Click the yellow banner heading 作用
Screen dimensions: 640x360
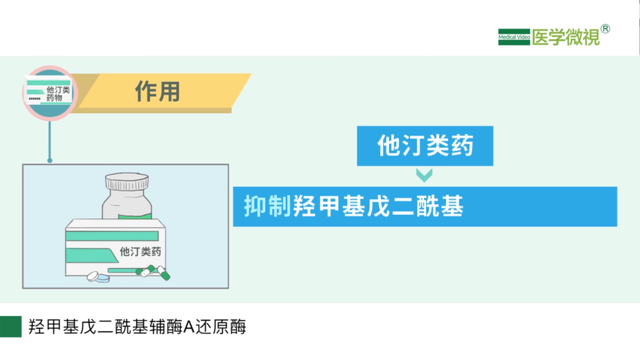[x=160, y=91]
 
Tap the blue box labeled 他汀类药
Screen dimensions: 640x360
[x=425, y=146]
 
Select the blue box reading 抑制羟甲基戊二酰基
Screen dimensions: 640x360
[x=425, y=206]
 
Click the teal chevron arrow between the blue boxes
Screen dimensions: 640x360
[x=424, y=175]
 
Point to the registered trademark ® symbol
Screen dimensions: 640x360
[x=605, y=29]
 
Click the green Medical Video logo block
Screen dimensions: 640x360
[x=514, y=37]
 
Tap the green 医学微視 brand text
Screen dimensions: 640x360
[x=565, y=37]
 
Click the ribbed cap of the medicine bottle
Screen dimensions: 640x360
[x=127, y=181]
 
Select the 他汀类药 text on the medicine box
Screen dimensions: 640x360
[x=140, y=251]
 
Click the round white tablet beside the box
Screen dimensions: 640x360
[x=92, y=276]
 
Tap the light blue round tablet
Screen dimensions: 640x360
[x=102, y=278]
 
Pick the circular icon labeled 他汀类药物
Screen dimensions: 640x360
[x=49, y=93]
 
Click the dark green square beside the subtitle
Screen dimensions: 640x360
[x=11, y=326]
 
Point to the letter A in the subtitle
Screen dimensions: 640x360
[x=189, y=327]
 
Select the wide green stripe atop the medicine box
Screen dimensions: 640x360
[x=112, y=236]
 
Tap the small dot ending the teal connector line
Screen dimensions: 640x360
[x=49, y=160]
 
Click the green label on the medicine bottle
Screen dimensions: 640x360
[x=135, y=216]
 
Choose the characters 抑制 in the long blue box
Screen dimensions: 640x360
[x=267, y=206]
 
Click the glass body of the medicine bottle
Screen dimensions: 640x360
[x=127, y=204]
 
